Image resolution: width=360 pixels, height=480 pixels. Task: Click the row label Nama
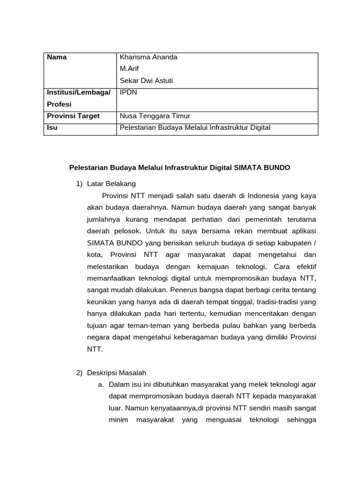coord(57,57)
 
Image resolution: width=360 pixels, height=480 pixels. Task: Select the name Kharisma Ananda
coord(149,57)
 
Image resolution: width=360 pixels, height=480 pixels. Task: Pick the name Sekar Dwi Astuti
coord(146,81)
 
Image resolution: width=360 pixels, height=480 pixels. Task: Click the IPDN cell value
coord(128,92)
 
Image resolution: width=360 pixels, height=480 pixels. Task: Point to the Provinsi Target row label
coord(73,116)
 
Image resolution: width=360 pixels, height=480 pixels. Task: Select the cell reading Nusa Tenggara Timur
coord(155,116)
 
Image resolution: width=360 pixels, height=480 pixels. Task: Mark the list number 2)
coord(79,373)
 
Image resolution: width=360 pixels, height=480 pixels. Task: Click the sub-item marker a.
coord(101,384)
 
